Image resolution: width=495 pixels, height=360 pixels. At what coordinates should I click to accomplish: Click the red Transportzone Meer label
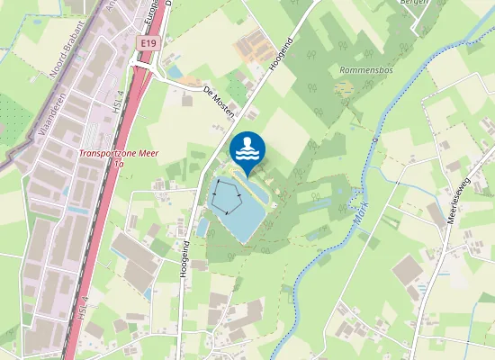click(118, 154)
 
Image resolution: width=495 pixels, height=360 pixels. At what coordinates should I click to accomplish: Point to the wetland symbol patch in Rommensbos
click(344, 88)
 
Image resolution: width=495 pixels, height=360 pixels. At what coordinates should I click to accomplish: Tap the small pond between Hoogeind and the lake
click(202, 228)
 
